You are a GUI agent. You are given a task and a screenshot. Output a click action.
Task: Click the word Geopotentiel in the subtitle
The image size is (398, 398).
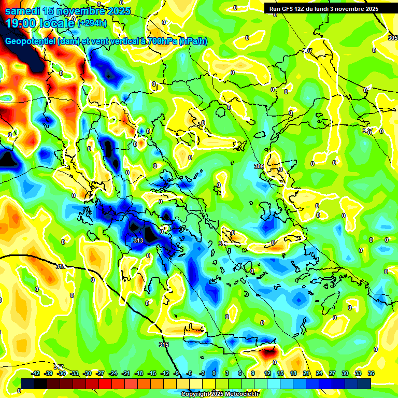pyautogui.click(x=31, y=41)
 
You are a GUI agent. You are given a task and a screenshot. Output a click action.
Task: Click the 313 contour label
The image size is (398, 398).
pyautogui.click(x=138, y=241)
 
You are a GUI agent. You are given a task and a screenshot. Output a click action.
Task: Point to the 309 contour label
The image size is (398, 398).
pyautogui.click(x=259, y=166)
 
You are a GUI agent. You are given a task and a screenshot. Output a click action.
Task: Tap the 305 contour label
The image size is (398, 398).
pyautogui.click(x=392, y=38)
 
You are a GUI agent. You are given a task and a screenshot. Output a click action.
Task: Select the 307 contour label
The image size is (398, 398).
pyautogui.click(x=308, y=51)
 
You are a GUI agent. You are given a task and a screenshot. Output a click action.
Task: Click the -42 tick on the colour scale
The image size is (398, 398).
pyautogui.click(x=35, y=373)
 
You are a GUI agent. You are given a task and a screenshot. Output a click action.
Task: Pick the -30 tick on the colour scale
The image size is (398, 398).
pyautogui.click(x=87, y=373)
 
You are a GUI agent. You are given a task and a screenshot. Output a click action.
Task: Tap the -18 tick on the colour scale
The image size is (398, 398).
pyautogui.click(x=139, y=373)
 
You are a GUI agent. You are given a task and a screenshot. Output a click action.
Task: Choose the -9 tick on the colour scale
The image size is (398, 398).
pyautogui.click(x=177, y=373)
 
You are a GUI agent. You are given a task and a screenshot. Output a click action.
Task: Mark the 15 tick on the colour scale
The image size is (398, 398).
pyautogui.click(x=280, y=373)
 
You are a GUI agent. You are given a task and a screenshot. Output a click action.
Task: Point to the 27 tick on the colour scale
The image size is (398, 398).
pyautogui.click(x=332, y=373)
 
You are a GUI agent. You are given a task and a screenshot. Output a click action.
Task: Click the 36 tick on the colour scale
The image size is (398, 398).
pyautogui.click(x=371, y=373)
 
